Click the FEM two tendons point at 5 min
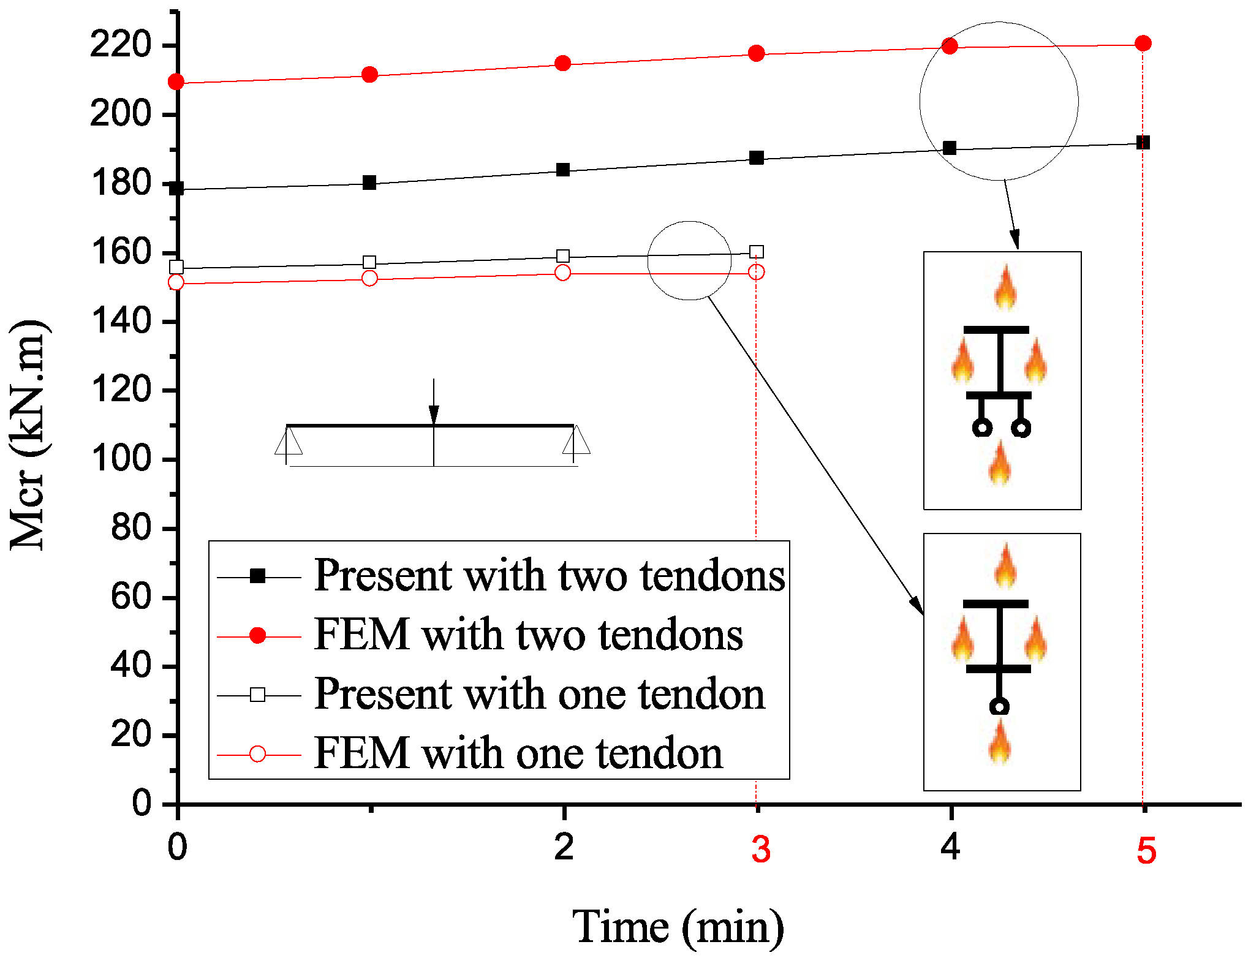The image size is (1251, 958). click(x=1143, y=43)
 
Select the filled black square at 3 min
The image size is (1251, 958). click(x=757, y=158)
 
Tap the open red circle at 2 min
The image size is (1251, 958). click(x=562, y=273)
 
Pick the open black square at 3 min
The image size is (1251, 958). click(x=757, y=252)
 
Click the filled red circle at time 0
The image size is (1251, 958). click(x=176, y=81)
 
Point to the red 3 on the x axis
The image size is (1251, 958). click(x=761, y=850)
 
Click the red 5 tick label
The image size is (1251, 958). click(x=1146, y=851)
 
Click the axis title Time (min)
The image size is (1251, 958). click(x=678, y=927)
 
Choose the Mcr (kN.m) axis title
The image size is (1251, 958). click(x=28, y=435)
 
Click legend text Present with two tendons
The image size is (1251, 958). click(x=549, y=576)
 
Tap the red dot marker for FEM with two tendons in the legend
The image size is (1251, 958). click(x=258, y=636)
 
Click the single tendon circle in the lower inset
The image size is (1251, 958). click(x=999, y=707)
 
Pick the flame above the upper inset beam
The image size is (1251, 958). click(x=1005, y=287)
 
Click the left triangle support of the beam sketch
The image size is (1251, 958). click(x=288, y=441)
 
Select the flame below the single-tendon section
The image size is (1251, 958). click(x=1000, y=742)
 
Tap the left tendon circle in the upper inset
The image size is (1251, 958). click(x=982, y=428)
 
